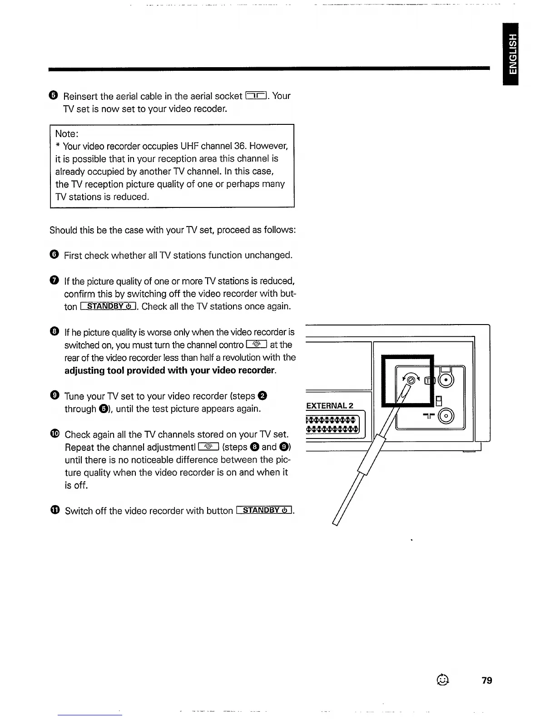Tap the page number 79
pos(486,680)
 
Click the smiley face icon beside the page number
pos(442,680)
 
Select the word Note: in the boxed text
pos(67,133)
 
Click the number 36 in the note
pos(239,146)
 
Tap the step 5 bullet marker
pos(54,95)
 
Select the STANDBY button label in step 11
pos(264,510)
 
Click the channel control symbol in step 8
pos(256,345)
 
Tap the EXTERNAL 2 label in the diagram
pos(330,405)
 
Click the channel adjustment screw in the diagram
pos(411,379)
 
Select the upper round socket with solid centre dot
pos(446,380)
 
